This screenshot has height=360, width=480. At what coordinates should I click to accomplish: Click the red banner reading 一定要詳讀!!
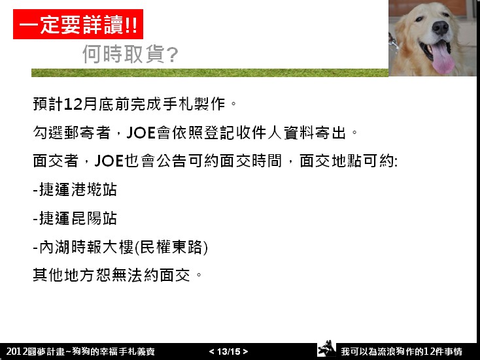point(78,24)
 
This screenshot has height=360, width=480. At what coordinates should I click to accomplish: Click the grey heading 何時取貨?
point(130,54)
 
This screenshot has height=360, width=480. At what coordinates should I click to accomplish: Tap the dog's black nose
point(440,28)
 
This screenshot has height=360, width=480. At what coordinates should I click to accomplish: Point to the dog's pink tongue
point(441,57)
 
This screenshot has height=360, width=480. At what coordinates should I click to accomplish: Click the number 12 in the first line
point(73,104)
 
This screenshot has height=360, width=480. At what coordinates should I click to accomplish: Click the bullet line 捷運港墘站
point(75,189)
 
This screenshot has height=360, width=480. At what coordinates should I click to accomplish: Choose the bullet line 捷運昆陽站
point(75,218)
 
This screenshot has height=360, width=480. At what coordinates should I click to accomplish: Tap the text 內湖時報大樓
point(86,247)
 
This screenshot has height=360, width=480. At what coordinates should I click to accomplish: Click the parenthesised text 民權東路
point(171,247)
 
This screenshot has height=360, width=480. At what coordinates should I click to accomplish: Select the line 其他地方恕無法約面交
point(111,275)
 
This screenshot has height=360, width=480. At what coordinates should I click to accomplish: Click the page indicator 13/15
point(229,352)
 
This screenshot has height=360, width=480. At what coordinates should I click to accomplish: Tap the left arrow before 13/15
point(211,352)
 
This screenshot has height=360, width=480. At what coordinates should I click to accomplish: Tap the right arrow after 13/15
point(245,352)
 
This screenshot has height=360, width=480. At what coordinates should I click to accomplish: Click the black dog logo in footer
point(326,348)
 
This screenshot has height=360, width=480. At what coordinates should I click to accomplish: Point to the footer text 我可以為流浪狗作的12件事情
point(402,352)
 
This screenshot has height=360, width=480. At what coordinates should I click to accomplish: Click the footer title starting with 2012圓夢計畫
point(80,352)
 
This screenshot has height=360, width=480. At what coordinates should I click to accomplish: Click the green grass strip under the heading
point(210,73)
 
